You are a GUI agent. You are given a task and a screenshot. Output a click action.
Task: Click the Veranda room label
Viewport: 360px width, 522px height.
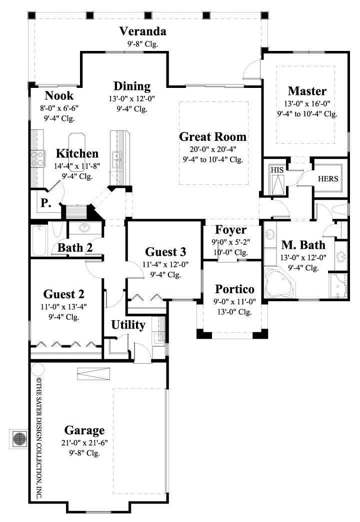pos(142,31)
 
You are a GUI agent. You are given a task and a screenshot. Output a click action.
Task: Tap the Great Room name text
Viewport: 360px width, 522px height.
pos(212,136)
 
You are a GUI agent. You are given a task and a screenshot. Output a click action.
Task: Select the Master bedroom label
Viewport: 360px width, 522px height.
pos(307,91)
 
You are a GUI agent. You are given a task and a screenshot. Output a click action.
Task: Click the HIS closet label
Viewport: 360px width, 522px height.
pos(276,170)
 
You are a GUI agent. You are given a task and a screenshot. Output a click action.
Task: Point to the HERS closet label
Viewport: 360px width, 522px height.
pos(328,178)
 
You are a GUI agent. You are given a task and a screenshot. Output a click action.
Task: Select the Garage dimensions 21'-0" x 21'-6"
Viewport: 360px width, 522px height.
pos(84,443)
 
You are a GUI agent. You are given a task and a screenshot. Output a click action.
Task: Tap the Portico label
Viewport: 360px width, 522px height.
pos(234,289)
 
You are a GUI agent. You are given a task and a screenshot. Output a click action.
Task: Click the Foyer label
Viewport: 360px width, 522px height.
pos(230,230)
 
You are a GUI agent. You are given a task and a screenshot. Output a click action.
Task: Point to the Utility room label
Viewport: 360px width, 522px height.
pos(128,325)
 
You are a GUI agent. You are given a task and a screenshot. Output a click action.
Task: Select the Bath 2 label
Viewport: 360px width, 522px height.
pos(74,247)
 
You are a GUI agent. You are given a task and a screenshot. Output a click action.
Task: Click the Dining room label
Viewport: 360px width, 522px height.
pos(132,86)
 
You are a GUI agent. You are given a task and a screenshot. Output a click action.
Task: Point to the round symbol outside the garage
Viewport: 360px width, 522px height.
pos(19,439)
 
